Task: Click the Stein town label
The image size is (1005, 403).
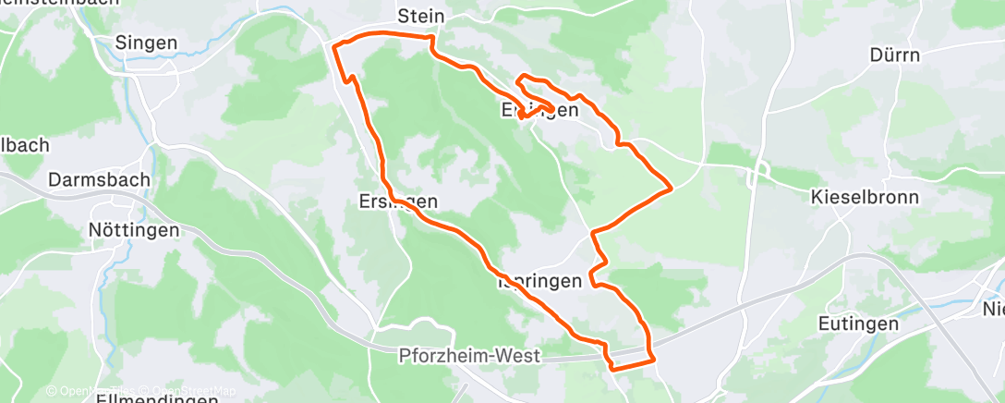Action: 420,17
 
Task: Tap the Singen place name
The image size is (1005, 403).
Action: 146,42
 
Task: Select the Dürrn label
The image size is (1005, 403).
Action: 895,55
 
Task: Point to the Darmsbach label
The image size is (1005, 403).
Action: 100,180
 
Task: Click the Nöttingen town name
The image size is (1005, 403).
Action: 134,230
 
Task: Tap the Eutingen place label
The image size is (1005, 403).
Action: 858,324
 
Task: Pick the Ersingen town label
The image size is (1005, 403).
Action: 397,201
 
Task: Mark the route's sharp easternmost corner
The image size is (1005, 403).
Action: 670,189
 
